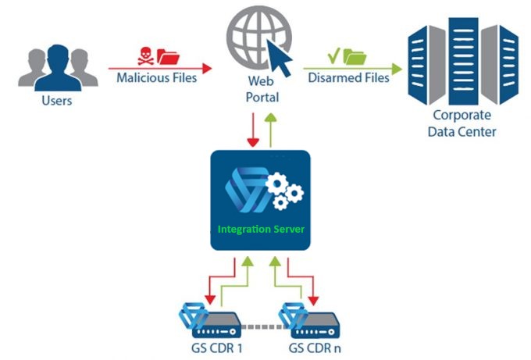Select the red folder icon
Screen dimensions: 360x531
(168, 55)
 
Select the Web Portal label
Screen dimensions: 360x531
(262, 88)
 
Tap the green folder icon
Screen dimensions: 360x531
(355, 56)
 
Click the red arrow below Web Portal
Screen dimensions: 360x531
(253, 130)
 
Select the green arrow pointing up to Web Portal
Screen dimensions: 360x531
(270, 128)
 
